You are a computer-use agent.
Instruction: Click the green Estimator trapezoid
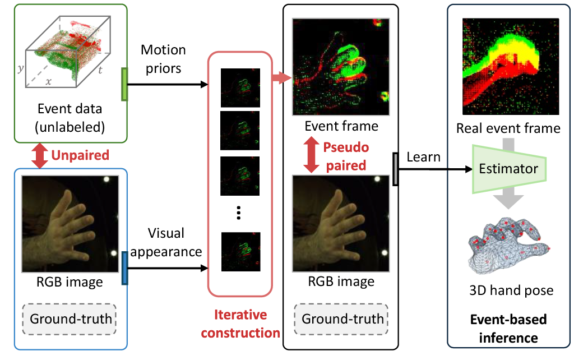(x=508, y=169)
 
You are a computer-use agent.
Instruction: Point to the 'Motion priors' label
(x=163, y=58)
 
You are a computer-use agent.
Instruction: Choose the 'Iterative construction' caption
(x=240, y=324)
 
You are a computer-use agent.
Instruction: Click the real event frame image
(x=510, y=66)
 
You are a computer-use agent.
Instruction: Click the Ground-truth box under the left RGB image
(x=71, y=319)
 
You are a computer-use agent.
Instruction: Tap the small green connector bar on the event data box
(x=124, y=84)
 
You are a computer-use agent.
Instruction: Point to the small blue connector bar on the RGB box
(x=124, y=268)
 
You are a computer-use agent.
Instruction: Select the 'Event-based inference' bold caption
(x=508, y=329)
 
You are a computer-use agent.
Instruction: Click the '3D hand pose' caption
(x=511, y=290)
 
